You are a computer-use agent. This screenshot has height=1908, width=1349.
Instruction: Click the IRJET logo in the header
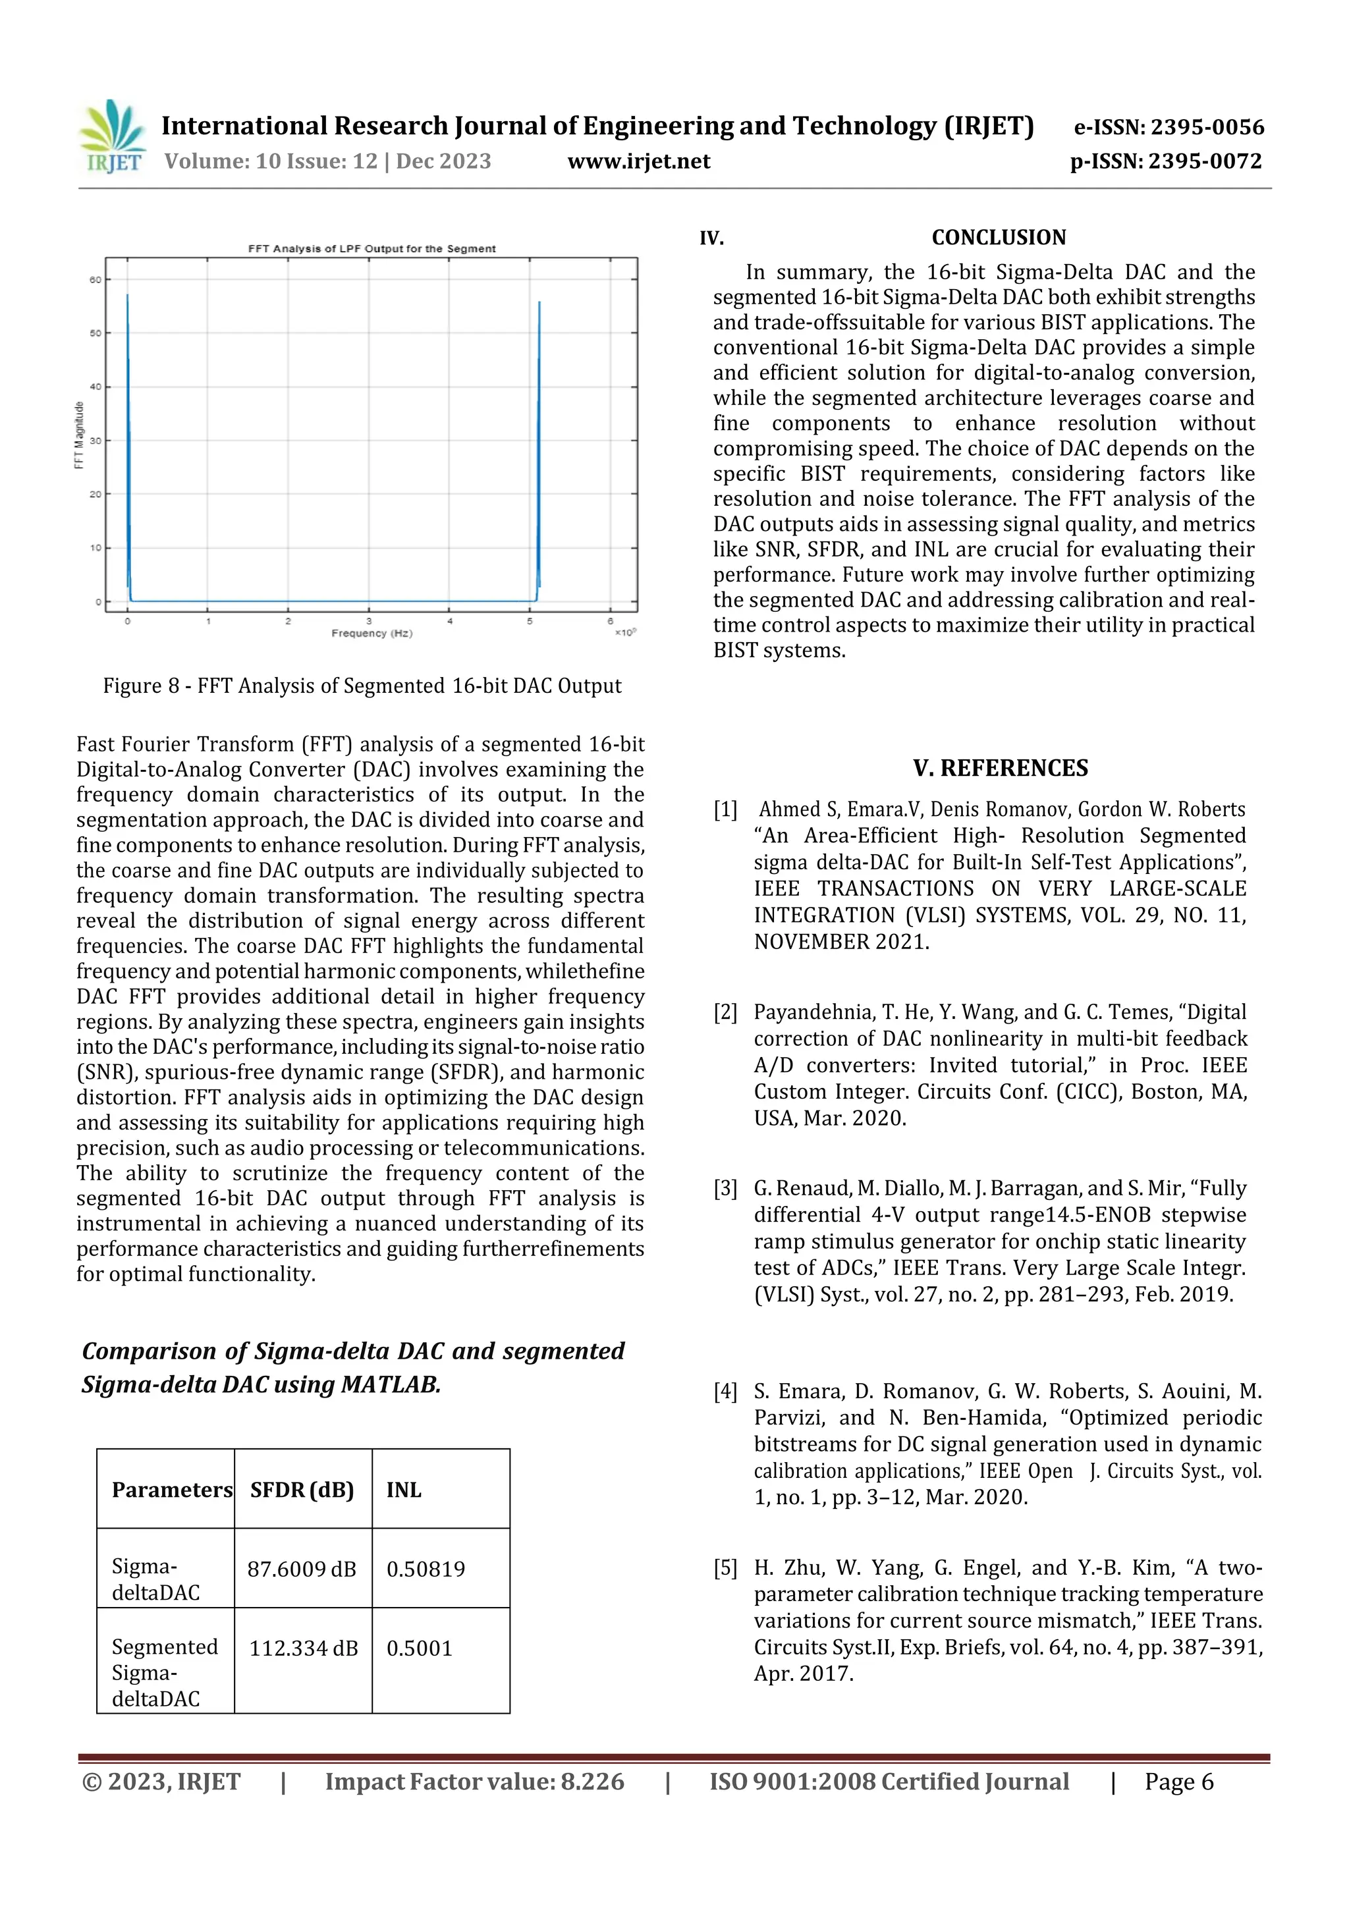pos(111,136)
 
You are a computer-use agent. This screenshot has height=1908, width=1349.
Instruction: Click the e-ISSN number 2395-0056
pos(1169,127)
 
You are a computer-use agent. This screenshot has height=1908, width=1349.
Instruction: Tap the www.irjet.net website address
pos(638,161)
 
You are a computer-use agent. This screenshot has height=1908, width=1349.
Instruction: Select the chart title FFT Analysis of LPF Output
pos(372,248)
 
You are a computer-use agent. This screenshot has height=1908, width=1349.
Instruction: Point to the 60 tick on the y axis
pos(96,280)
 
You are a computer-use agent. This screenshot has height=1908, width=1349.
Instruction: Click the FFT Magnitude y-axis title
pos(80,435)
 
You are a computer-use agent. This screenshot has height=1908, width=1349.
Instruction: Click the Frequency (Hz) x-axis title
pos(372,633)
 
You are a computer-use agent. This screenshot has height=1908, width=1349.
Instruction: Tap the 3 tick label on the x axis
pos(369,621)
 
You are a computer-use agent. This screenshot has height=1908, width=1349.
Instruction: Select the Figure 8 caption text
pos(362,686)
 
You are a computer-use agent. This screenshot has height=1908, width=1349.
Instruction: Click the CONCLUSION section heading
pos(998,238)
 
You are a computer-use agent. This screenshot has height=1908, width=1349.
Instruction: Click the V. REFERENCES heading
pos(1000,768)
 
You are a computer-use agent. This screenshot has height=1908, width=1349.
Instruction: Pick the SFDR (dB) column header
pos(302,1490)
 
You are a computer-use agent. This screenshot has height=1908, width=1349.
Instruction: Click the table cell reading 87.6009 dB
pos(302,1569)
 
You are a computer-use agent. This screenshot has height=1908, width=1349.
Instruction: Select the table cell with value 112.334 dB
pos(304,1648)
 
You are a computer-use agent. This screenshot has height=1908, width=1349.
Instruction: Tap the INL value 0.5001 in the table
pos(419,1648)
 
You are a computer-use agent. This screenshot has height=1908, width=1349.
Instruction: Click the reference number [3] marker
pos(725,1188)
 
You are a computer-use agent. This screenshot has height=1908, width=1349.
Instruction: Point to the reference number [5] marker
pos(725,1568)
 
